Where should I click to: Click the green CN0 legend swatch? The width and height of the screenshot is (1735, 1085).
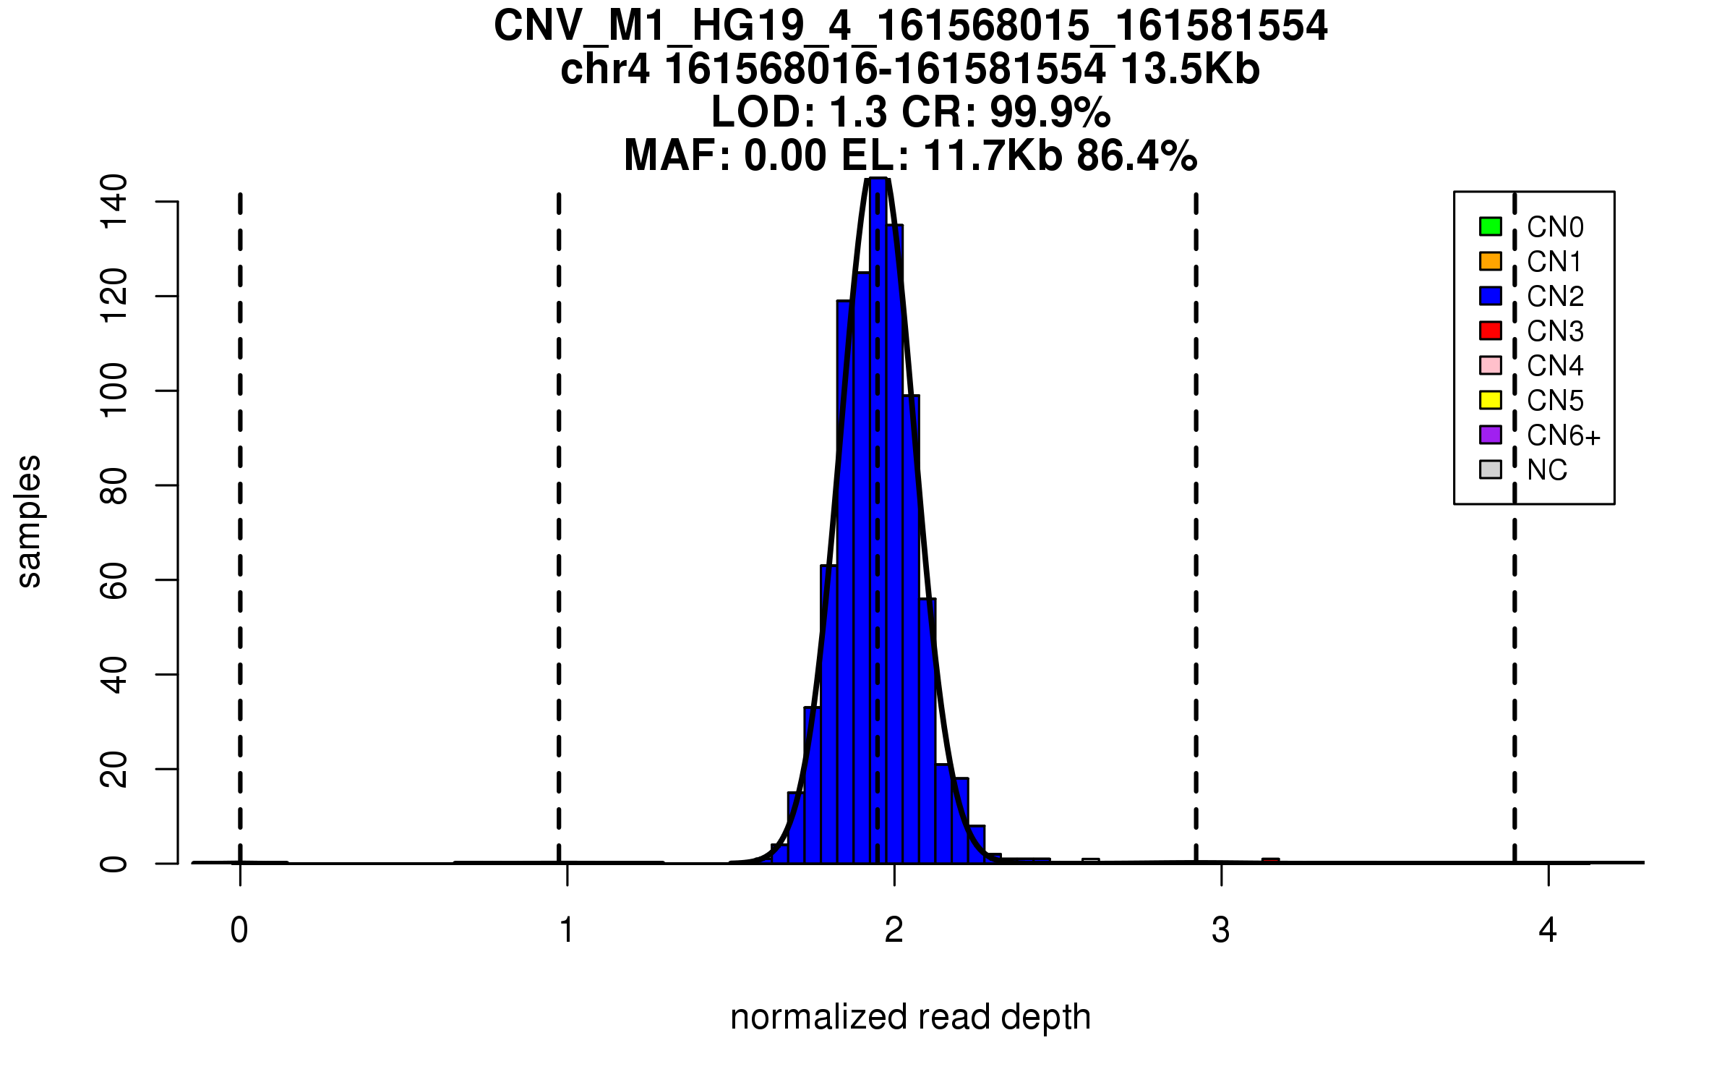[1490, 226]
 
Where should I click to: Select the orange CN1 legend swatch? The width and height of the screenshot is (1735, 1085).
[1490, 261]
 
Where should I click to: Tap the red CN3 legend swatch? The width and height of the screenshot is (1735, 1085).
[1490, 331]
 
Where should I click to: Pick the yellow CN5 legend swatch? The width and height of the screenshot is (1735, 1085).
[1490, 400]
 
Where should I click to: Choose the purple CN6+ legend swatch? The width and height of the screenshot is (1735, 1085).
[1490, 435]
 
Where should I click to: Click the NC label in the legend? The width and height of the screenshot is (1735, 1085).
[1546, 470]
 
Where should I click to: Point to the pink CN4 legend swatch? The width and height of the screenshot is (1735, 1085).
[1490, 365]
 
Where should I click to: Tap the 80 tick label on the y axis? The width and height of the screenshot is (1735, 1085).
[114, 485]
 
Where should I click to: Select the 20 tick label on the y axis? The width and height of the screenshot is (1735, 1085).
[114, 769]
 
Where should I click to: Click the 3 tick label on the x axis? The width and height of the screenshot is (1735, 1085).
[1221, 930]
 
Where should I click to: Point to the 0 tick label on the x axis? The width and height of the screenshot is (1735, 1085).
[239, 930]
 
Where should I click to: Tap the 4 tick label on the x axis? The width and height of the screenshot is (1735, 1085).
[1548, 930]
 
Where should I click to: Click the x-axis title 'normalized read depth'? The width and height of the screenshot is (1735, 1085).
[910, 1017]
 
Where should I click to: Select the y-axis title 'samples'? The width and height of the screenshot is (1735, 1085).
[29, 521]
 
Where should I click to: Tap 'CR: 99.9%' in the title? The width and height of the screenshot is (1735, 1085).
[1006, 112]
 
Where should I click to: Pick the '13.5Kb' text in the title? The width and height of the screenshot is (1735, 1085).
[1190, 69]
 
